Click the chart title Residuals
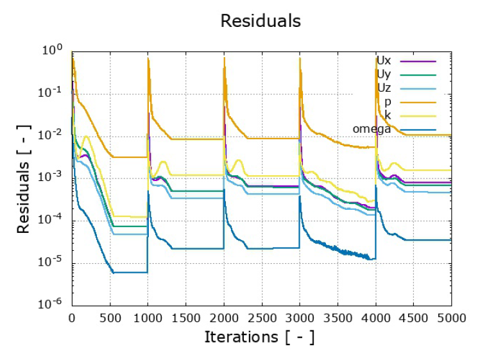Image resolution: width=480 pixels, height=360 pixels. point(261,21)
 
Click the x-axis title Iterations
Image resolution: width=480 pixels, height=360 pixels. point(260,336)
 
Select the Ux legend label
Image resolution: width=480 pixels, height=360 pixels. point(384,60)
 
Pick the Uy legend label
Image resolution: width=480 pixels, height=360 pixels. point(384,74)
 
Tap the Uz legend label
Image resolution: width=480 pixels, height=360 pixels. point(384,88)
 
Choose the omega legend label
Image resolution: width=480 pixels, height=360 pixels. point(372,130)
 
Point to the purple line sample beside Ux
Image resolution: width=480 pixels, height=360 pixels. point(418,61)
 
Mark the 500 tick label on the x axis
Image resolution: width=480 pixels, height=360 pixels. point(110,316)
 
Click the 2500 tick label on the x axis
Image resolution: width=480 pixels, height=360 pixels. point(261,316)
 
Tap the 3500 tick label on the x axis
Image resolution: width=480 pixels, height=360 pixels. point(337,316)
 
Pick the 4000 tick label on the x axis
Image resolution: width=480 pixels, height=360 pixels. point(375,316)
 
